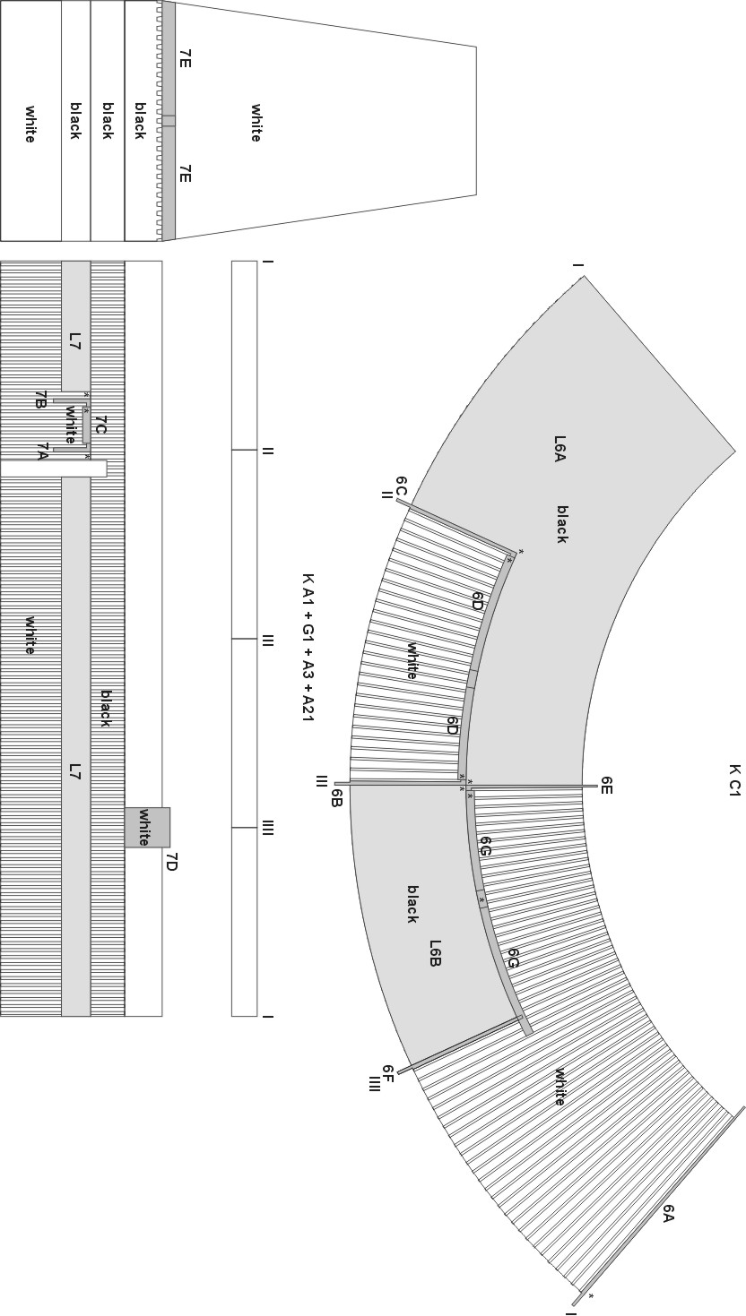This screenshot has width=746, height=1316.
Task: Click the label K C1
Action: pyautogui.click(x=733, y=780)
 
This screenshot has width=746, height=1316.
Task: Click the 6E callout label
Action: pyautogui.click(x=607, y=785)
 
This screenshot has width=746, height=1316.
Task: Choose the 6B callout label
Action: pyautogui.click(x=335, y=798)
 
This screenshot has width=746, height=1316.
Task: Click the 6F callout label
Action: pyautogui.click(x=388, y=1072)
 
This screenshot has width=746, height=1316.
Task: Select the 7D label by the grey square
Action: pyautogui.click(x=171, y=863)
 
